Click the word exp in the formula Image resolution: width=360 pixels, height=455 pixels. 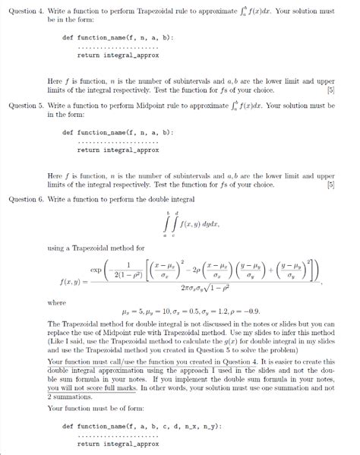tap(96, 269)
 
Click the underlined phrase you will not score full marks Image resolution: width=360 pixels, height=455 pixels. tap(87, 387)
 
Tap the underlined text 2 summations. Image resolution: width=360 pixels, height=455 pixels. tap(70, 397)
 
